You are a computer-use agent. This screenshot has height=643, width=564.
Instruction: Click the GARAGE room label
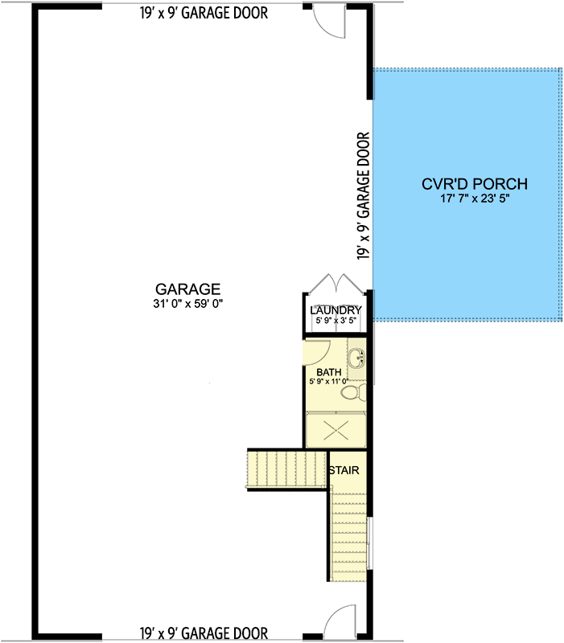187,289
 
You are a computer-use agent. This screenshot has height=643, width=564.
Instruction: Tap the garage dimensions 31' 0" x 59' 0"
188,304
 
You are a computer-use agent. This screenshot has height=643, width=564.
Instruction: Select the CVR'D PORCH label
475,184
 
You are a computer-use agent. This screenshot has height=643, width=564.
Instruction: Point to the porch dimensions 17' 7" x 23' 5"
475,199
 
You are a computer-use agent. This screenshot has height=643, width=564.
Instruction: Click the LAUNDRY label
336,310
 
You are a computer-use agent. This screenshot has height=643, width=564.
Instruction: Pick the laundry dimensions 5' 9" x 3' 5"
336,320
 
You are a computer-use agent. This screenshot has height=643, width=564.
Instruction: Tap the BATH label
329,372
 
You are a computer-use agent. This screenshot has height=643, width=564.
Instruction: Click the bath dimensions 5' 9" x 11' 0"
329,381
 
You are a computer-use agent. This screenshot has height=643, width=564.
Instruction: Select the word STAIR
344,470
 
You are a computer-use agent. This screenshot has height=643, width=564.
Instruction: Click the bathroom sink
356,358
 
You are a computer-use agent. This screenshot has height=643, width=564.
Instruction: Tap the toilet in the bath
353,393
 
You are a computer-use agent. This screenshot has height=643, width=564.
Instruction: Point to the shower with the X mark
336,430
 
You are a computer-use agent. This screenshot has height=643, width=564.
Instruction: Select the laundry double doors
336,284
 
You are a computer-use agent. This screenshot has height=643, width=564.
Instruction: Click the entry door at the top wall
329,22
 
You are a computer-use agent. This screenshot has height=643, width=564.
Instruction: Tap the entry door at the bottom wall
340,621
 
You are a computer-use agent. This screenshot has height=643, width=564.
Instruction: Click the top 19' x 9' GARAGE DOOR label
204,13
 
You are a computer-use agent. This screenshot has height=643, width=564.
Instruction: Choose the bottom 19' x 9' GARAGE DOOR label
204,633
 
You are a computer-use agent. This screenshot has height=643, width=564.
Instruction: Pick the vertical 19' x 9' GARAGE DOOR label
364,195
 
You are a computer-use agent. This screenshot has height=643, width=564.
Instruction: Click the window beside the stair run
370,543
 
